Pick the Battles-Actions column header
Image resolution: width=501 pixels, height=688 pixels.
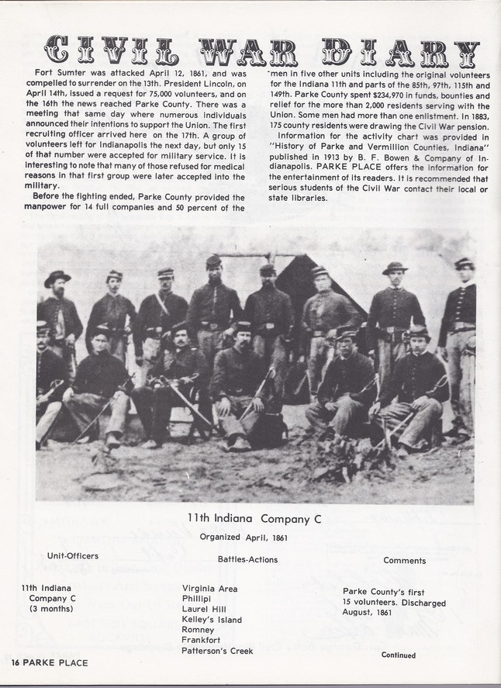[x=244, y=558]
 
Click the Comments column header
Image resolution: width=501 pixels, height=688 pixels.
[x=403, y=560]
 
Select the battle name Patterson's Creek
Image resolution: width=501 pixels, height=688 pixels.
[x=218, y=652]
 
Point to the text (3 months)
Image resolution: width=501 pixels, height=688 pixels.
[x=51, y=609]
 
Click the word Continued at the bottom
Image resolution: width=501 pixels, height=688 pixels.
[x=398, y=655]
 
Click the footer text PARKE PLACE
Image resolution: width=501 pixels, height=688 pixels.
[x=54, y=662]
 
